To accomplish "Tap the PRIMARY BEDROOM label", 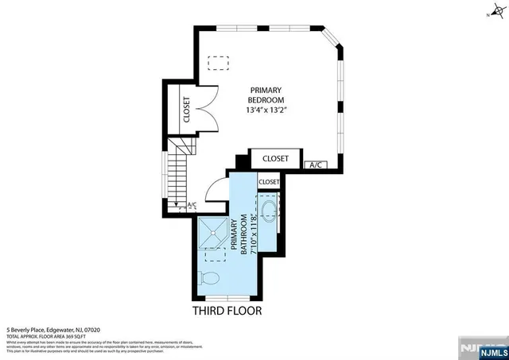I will [267, 95].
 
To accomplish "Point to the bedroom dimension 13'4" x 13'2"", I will [267, 110].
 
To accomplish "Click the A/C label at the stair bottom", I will [191, 206].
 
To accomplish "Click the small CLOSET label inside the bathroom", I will [269, 182].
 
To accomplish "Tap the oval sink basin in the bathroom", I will [269, 212].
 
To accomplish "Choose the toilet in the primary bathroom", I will [211, 278].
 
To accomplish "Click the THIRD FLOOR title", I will [227, 311].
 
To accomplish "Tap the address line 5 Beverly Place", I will [54, 329].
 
